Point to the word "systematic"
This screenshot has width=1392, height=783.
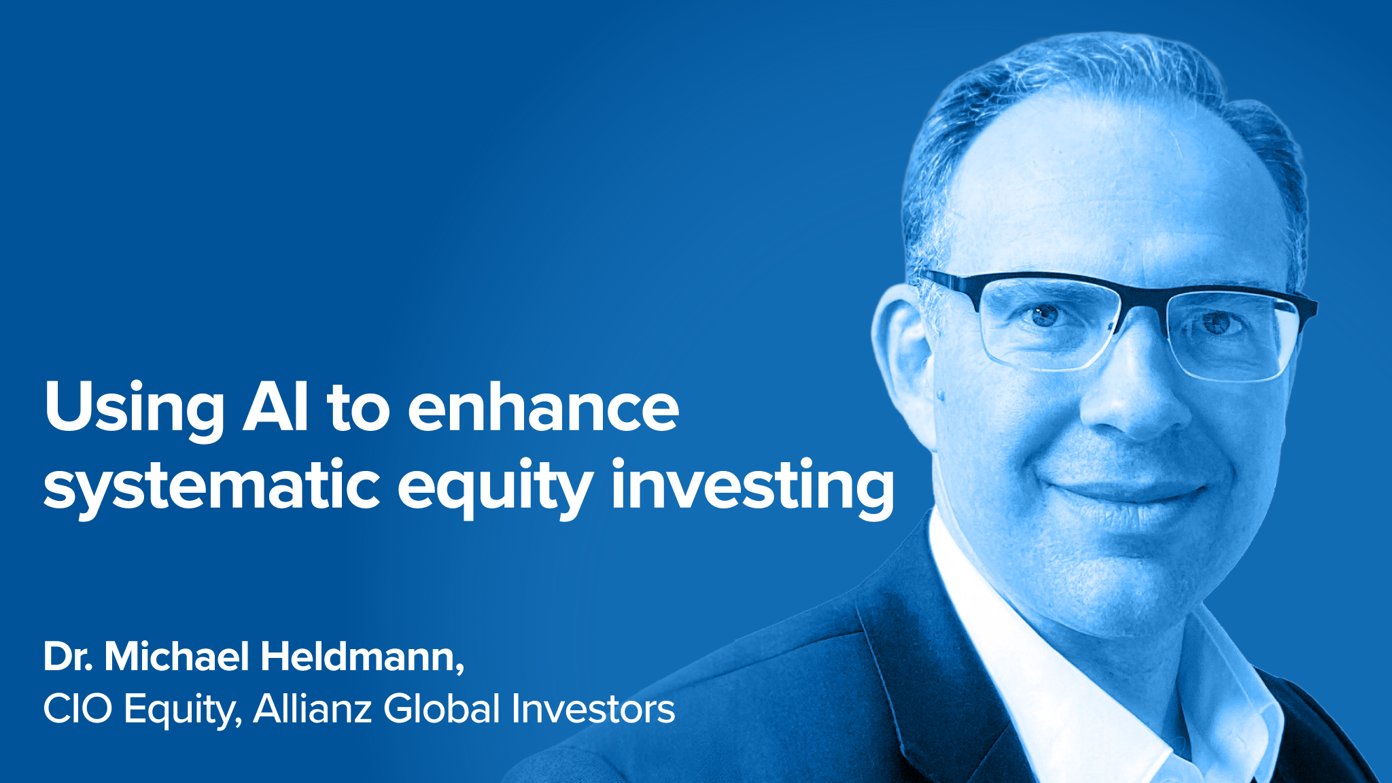[x=211, y=486]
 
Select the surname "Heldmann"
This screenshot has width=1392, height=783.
[x=361, y=657]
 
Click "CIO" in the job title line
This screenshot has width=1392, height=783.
[x=77, y=709]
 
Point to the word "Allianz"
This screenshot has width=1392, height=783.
[x=312, y=709]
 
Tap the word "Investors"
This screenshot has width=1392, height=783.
[x=593, y=709]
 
